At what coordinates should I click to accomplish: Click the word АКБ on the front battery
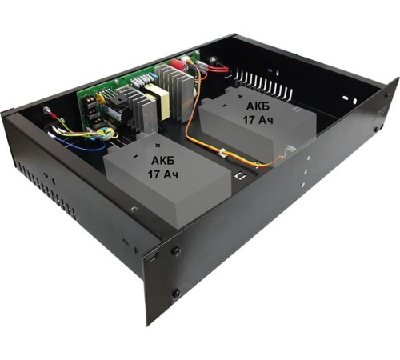[x=163, y=161]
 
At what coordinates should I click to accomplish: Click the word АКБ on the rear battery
[x=258, y=106]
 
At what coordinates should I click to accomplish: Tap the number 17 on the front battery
[x=154, y=174]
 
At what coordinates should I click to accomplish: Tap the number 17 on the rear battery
[x=249, y=120]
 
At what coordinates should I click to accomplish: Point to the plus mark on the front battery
[x=158, y=146]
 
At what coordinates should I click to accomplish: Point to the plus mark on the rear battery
[x=242, y=96]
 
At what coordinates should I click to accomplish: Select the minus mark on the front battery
[x=135, y=156]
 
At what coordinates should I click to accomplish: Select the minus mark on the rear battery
[x=224, y=106]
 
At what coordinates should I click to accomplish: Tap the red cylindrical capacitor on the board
[x=177, y=64]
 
